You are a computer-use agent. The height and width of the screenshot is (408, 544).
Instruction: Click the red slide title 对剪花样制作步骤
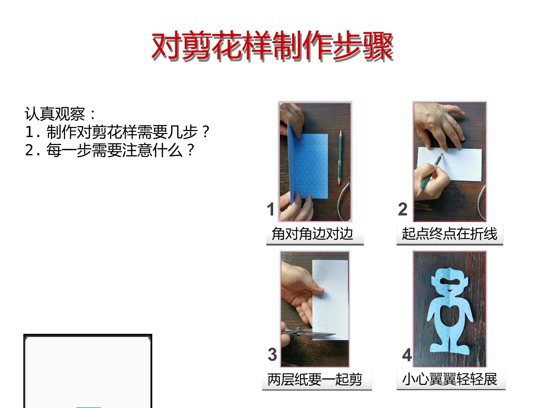[272, 46]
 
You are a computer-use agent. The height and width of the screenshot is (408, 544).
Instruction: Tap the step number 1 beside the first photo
[270, 209]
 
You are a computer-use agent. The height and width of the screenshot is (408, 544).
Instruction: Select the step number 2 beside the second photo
[403, 209]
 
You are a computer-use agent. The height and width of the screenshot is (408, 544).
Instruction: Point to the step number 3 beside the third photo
[272, 354]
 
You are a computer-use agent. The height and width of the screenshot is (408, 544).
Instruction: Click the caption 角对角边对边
[312, 233]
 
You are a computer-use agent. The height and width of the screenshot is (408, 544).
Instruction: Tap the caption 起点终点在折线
[449, 233]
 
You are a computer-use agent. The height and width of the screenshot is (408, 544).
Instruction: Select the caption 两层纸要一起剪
[315, 379]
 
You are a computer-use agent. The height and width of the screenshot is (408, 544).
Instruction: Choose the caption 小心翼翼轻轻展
[450, 379]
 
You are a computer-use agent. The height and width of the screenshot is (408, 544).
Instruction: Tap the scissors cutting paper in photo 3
[310, 333]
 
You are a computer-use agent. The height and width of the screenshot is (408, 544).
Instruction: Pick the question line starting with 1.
[117, 132]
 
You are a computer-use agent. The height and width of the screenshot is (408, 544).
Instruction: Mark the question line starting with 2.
[109, 150]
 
